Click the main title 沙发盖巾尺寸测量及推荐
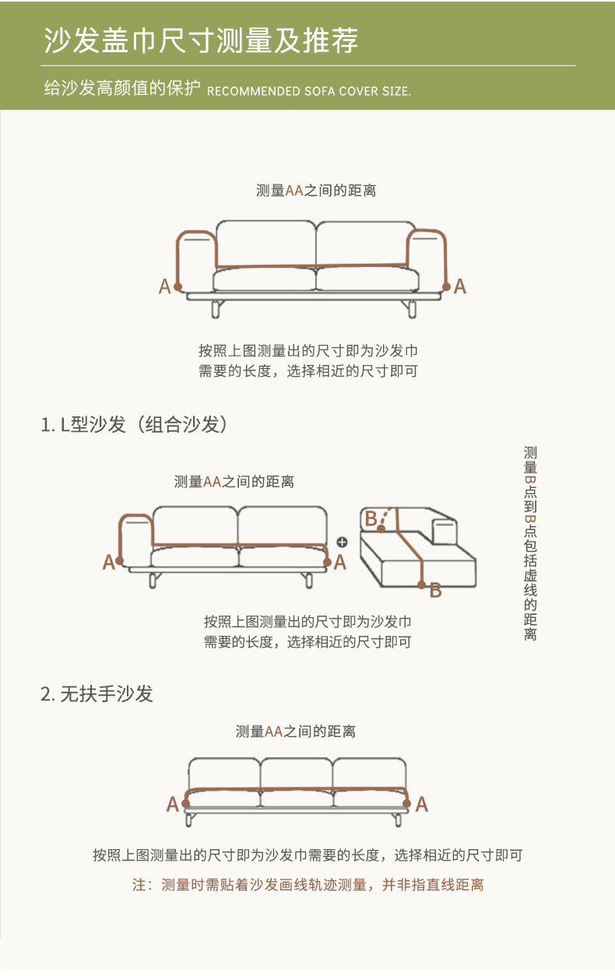(x=201, y=40)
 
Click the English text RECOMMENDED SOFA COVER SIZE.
(x=308, y=91)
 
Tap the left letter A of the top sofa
(x=164, y=286)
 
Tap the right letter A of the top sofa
(x=460, y=286)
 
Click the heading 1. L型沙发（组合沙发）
(x=133, y=425)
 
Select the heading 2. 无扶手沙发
(x=97, y=693)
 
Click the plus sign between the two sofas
(x=341, y=542)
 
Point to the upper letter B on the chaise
(x=371, y=518)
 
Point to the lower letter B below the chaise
(x=436, y=591)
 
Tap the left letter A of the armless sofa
(x=172, y=805)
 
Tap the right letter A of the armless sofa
(x=421, y=805)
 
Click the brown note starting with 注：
(x=307, y=885)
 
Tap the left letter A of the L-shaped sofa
(x=108, y=563)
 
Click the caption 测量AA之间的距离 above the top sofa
(x=316, y=191)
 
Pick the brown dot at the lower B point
(x=422, y=584)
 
